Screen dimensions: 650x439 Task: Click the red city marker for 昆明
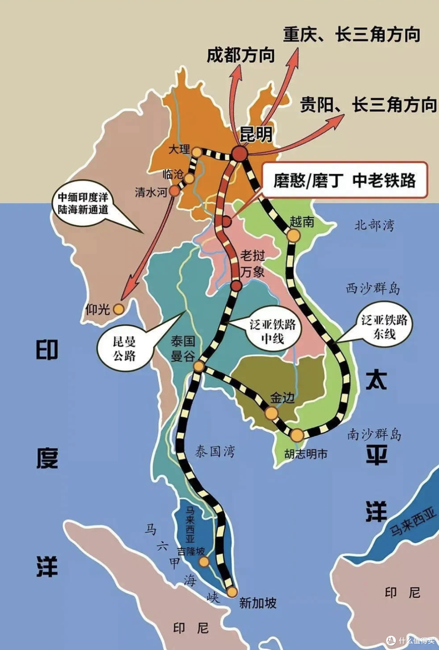pyautogui.click(x=240, y=154)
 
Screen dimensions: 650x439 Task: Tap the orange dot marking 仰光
pyautogui.click(x=118, y=309)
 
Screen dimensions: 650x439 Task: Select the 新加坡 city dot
pyautogui.click(x=232, y=592)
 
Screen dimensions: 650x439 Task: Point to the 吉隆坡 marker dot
pyautogui.click(x=204, y=562)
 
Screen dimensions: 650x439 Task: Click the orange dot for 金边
pyautogui.click(x=272, y=413)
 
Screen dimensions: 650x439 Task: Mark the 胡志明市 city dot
pyautogui.click(x=297, y=435)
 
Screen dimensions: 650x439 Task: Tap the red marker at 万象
pyautogui.click(x=236, y=286)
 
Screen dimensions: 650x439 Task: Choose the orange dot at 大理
pyautogui.click(x=197, y=152)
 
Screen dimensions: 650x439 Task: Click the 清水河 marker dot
pyautogui.click(x=174, y=191)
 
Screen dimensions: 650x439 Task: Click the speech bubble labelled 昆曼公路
pyautogui.click(x=124, y=349)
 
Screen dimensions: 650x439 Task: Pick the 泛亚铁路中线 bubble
pyautogui.click(x=273, y=331)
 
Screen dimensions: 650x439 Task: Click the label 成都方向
pyautogui.click(x=241, y=55)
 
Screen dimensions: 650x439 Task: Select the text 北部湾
pyautogui.click(x=374, y=225)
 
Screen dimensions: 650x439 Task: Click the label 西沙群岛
pyautogui.click(x=373, y=289)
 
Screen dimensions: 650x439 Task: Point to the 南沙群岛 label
pyautogui.click(x=374, y=434)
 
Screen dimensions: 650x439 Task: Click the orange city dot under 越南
pyautogui.click(x=293, y=236)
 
